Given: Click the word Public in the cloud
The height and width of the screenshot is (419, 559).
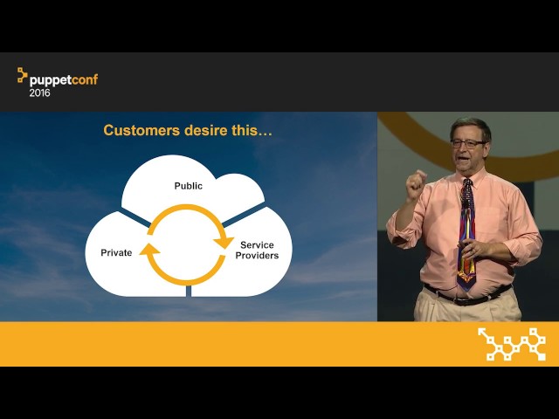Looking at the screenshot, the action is click(x=189, y=186).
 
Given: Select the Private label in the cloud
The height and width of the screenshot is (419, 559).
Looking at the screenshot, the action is click(x=116, y=252).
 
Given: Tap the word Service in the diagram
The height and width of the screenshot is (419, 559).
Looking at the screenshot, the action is click(x=257, y=245).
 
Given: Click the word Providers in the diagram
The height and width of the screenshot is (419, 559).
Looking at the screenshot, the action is click(x=257, y=256).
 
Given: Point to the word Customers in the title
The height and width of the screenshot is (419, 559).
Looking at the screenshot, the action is click(x=141, y=130).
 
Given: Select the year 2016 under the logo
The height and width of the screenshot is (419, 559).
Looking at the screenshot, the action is click(x=39, y=93).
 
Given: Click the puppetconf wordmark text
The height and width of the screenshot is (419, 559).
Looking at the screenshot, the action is click(x=64, y=80).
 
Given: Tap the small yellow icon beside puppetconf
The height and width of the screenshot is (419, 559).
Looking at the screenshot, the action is click(x=22, y=75).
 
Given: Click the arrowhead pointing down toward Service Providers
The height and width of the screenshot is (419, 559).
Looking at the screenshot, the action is click(x=224, y=243).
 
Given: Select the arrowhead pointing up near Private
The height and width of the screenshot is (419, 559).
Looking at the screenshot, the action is click(x=149, y=249).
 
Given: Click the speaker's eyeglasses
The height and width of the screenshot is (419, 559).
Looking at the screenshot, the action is click(x=468, y=144).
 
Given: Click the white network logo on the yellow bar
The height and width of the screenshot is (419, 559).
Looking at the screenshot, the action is click(x=512, y=344).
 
